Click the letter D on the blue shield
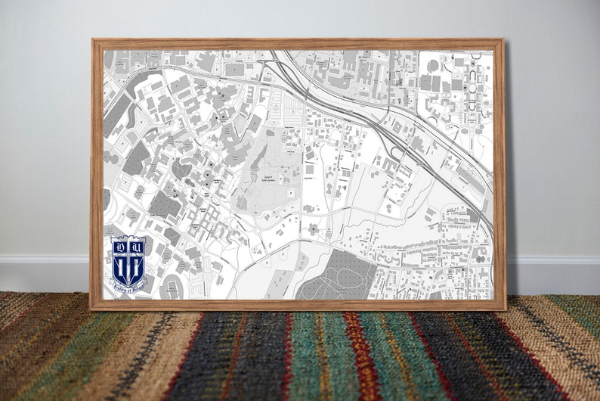119,245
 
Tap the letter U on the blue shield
138,245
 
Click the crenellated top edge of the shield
128,238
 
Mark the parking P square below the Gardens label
281,180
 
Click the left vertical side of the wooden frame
97,174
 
